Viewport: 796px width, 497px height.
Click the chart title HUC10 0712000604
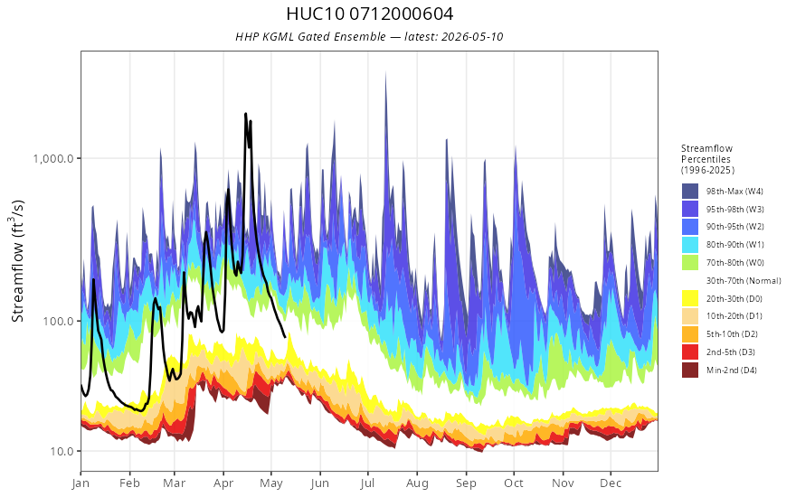tap(370, 14)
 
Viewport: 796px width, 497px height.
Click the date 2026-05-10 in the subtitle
tap(472, 36)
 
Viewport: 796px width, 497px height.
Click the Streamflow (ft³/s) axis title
tap(18, 261)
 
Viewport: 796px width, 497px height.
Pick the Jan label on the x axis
tap(81, 483)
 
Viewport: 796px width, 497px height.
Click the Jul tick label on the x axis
tap(367, 483)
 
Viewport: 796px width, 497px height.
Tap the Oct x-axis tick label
tap(514, 483)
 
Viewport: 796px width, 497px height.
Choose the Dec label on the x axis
tap(611, 483)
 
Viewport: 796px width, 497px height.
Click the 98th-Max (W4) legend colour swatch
tap(690, 192)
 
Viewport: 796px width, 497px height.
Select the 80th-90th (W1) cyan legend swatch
tap(690, 245)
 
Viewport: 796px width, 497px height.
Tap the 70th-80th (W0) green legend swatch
tap(690, 263)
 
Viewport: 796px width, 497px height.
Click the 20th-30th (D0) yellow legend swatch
tap(690, 299)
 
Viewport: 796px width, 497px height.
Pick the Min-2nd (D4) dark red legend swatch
tap(690, 370)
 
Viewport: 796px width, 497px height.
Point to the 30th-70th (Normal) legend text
tap(744, 280)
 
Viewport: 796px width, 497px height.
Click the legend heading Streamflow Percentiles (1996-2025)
tap(707, 159)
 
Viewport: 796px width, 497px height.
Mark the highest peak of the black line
tap(246, 114)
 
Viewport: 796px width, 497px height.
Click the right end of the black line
tap(285, 337)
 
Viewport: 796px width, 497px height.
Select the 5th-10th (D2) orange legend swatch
tap(690, 334)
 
